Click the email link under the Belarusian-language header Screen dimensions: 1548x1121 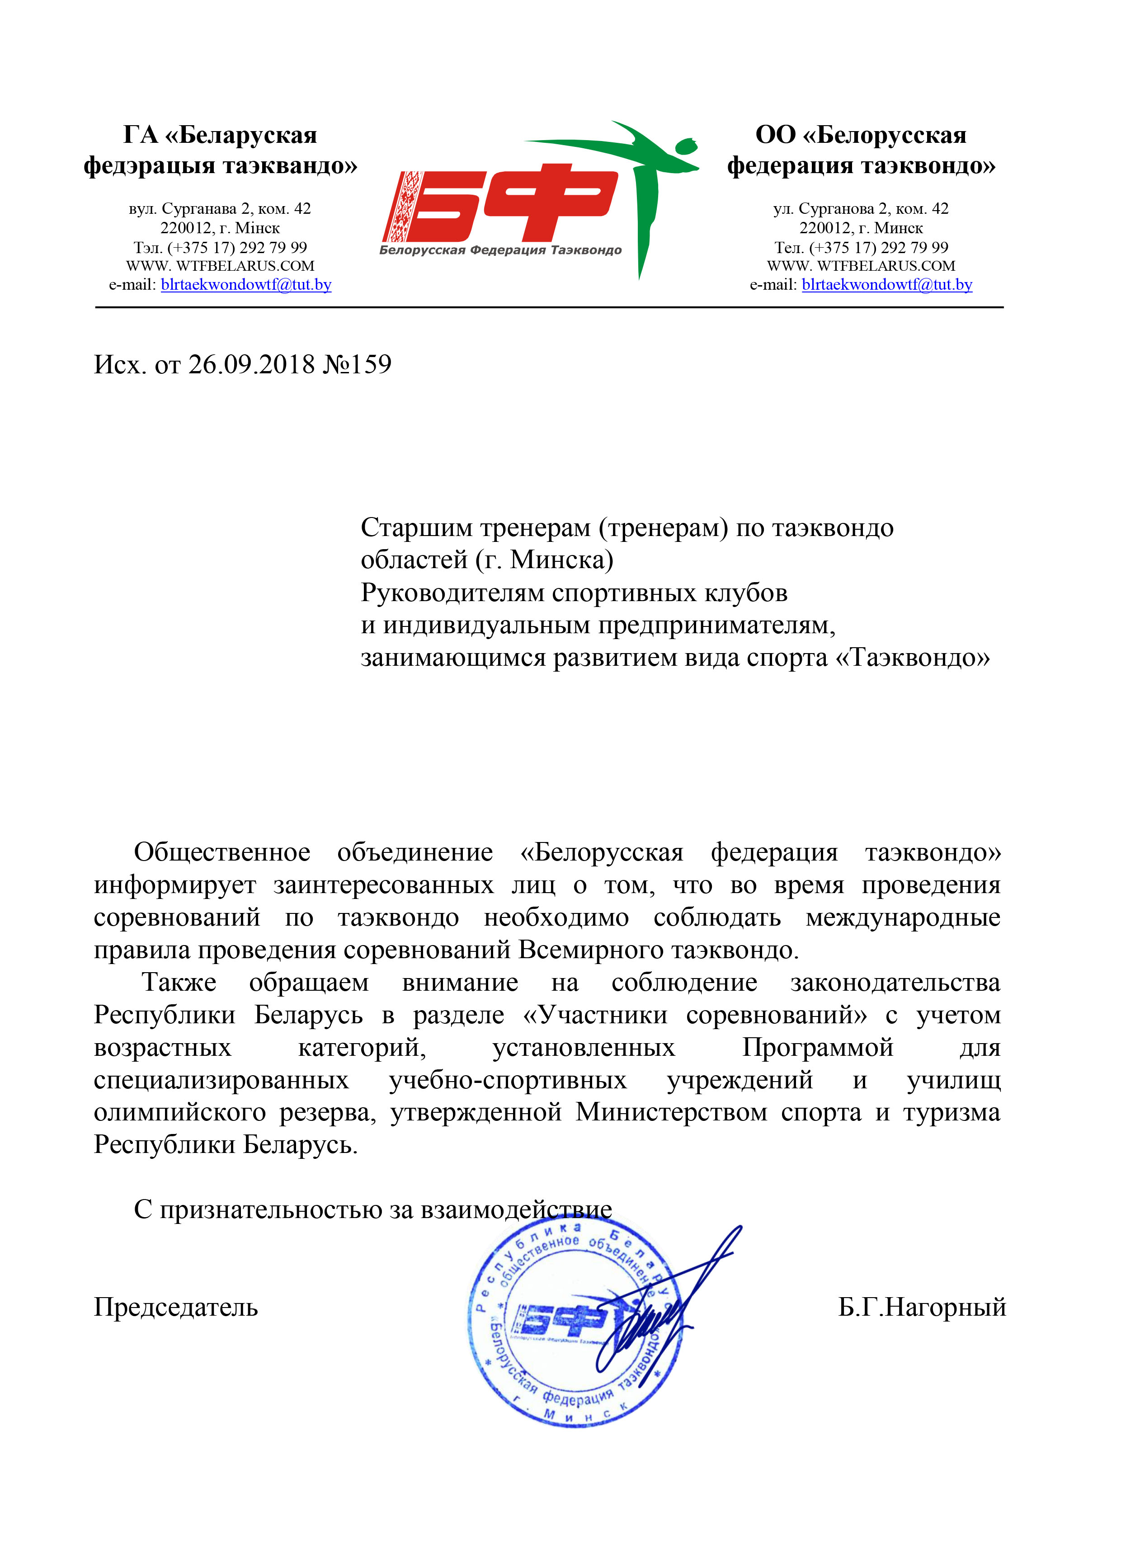tap(246, 285)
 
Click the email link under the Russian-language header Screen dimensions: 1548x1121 tap(887, 285)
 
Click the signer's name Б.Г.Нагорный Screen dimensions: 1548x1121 tap(922, 1307)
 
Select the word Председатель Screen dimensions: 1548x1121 tap(175, 1307)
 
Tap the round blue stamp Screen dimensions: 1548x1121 tap(574, 1327)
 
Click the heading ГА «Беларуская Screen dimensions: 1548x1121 tap(220, 135)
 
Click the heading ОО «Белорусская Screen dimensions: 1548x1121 tap(860, 135)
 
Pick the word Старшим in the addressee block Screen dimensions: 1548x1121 tap(416, 527)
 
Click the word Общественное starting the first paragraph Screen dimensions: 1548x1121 tap(222, 852)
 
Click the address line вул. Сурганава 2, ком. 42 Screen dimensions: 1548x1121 tap(220, 209)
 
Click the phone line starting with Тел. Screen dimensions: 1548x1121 tap(861, 247)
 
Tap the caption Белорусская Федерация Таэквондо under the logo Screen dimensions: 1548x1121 tap(500, 250)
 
